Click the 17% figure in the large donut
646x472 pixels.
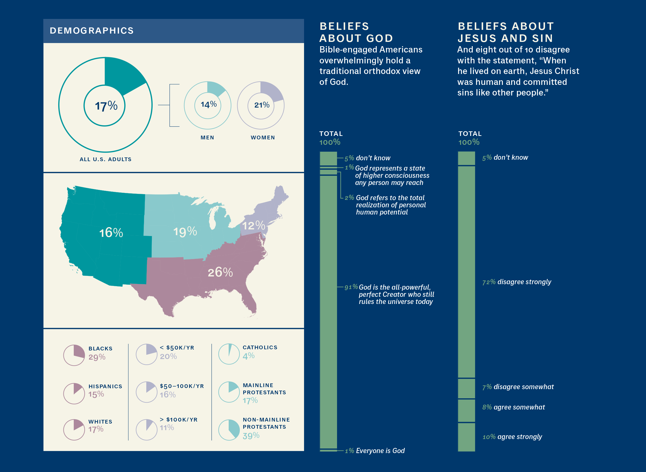coord(106,106)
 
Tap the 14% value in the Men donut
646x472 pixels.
coord(209,104)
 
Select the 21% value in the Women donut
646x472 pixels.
coord(262,105)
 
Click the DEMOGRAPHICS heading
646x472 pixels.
coord(92,31)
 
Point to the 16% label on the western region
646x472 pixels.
coord(111,233)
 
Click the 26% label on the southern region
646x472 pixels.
coord(220,272)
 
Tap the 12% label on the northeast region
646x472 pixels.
coord(254,226)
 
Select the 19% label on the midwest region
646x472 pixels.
coord(185,231)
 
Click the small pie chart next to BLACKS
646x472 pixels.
coord(74,355)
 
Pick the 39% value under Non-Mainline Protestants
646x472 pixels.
coord(251,436)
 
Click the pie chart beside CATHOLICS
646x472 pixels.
coord(229,354)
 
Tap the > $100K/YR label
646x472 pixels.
coord(179,420)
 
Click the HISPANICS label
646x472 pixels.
coord(105,386)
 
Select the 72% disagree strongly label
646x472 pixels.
coord(517,282)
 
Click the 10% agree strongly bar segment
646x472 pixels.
coord(466,437)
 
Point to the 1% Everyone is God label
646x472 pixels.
coord(375,451)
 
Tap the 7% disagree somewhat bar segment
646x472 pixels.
coord(466,389)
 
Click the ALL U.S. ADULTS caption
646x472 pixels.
coord(106,159)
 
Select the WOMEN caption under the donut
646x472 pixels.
coord(263,138)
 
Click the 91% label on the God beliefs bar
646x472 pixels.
coord(351,287)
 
